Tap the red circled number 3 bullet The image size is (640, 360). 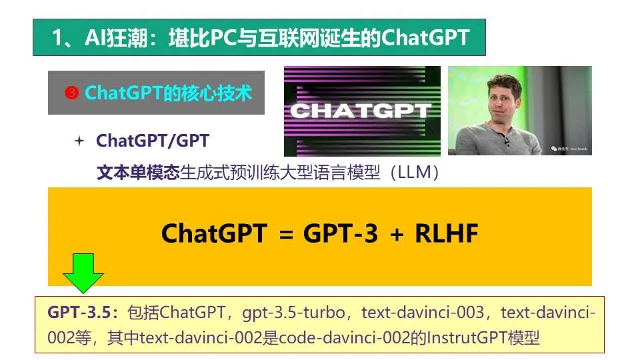click(71, 93)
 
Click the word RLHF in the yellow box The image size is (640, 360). click(446, 233)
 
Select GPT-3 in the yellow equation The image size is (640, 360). click(341, 233)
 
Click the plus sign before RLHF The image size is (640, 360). click(397, 235)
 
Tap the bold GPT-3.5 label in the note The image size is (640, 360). click(79, 313)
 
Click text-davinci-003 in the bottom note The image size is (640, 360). click(423, 313)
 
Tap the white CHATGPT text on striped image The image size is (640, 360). click(361, 111)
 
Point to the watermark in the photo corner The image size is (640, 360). click(569, 149)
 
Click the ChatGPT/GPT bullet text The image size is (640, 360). click(153, 141)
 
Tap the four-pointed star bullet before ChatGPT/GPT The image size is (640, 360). click(79, 141)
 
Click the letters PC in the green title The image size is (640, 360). click(225, 37)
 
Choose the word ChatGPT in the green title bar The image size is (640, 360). click(425, 37)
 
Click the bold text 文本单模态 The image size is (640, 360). click(138, 172)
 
